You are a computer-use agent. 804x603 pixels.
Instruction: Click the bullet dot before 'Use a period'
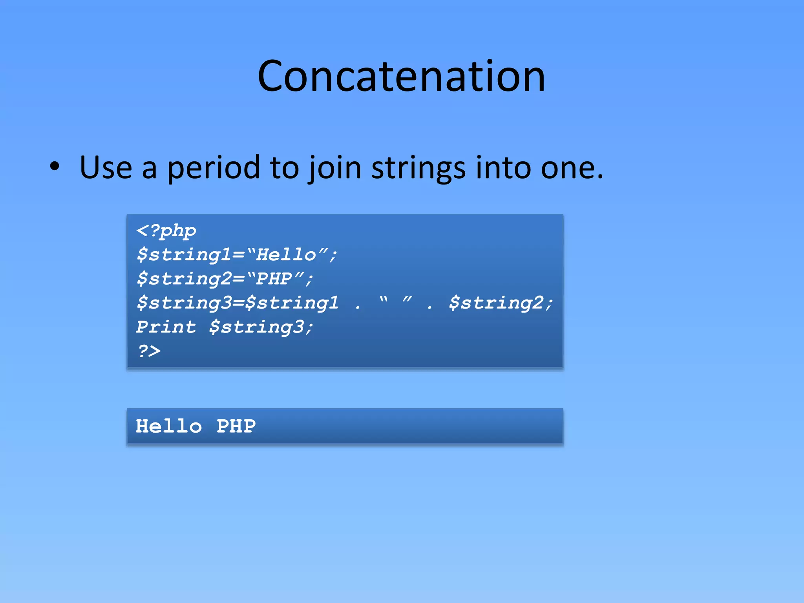coord(55,166)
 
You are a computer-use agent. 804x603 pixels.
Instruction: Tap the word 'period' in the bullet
coord(214,168)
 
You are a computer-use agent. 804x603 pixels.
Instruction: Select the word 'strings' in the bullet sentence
coord(418,168)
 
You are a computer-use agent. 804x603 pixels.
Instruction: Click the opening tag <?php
coord(166,231)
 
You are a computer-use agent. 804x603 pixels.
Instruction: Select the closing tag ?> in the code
coord(149,351)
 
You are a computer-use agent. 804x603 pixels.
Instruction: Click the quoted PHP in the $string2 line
coord(274,279)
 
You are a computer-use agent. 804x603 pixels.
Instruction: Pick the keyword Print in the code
coord(166,327)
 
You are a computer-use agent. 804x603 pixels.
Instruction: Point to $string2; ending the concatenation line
coord(501,303)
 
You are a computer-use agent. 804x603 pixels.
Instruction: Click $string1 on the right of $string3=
coord(292,303)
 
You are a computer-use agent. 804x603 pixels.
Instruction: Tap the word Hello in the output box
coord(169,426)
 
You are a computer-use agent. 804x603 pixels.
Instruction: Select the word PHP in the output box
coord(236,426)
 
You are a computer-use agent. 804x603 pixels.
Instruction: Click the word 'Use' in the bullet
coord(106,168)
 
